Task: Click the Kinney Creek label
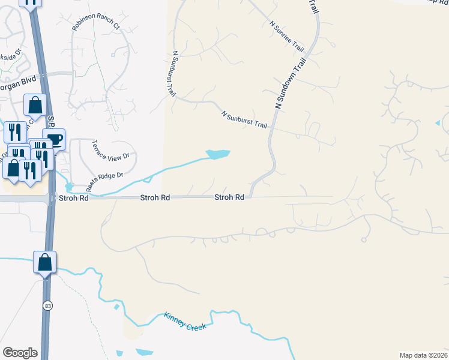click(x=185, y=321)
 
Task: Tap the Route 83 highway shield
click(x=47, y=306)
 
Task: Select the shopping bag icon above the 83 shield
click(x=45, y=262)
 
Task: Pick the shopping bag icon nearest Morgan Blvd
click(x=35, y=105)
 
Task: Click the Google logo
click(x=20, y=353)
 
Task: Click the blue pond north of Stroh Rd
click(x=218, y=155)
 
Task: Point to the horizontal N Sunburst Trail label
click(x=244, y=119)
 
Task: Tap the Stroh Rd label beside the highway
click(x=73, y=197)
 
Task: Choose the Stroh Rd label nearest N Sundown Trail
click(x=229, y=197)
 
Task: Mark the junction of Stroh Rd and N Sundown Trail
click(x=250, y=196)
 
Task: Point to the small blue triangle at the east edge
click(x=438, y=123)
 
